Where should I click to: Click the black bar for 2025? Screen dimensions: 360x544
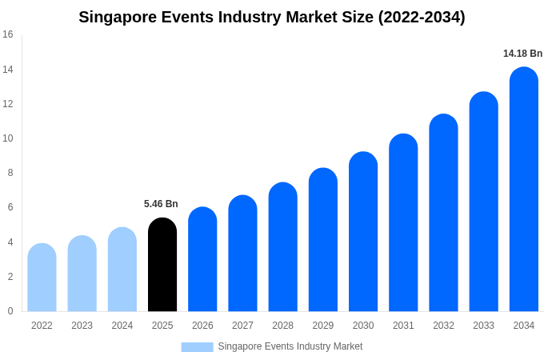[162, 265]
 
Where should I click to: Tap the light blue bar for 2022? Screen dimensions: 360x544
[42, 278]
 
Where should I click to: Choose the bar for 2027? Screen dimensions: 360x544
[242, 254]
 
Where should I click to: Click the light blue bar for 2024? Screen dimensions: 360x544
[122, 270]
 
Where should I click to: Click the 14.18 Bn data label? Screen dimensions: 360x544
[522, 54]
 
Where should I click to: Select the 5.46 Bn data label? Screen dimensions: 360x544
[161, 204]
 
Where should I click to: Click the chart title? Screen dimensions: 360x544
[272, 17]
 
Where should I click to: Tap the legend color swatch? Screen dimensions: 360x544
[197, 346]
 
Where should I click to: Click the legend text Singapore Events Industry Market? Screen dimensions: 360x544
[290, 346]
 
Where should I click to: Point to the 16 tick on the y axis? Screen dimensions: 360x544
[8, 34]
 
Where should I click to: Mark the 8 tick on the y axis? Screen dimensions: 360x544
[10, 173]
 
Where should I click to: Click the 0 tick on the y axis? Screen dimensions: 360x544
[10, 311]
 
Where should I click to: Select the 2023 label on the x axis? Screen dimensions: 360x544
[82, 326]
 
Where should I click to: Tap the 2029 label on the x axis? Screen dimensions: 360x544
[323, 326]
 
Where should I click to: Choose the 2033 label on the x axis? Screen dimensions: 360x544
[483, 326]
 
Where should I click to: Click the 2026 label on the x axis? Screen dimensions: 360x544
[202, 326]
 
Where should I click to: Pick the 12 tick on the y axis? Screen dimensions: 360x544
[8, 104]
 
